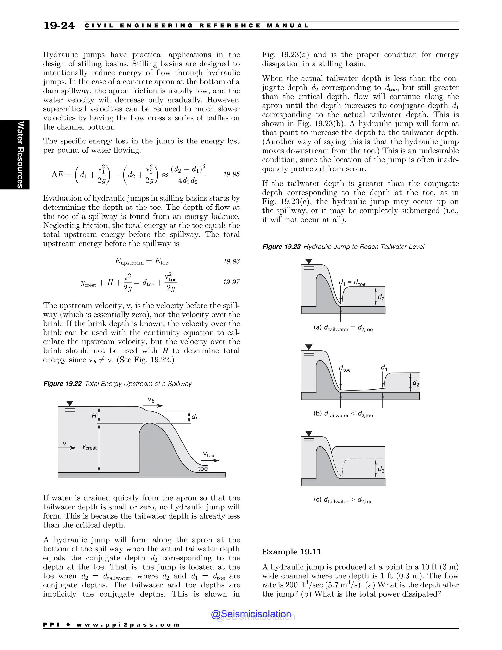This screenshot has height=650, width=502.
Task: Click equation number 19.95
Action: click(231, 174)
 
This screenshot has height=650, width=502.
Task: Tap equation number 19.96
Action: click(231, 261)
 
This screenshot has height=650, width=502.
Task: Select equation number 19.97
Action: click(231, 282)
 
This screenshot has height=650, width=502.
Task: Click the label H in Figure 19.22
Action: click(94, 416)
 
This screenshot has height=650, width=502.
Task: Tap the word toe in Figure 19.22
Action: click(202, 469)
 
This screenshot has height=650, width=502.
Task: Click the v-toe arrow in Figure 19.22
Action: click(212, 461)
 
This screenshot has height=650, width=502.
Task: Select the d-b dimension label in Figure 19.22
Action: click(195, 417)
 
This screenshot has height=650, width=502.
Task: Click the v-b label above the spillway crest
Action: click(151, 400)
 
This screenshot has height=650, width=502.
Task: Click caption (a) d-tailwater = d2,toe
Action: click(343, 328)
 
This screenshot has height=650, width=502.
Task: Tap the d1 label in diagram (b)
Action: click(384, 368)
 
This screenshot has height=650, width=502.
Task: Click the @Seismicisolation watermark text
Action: click(251, 614)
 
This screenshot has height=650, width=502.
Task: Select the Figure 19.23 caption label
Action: click(281, 247)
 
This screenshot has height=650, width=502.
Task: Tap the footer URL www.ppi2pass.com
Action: click(128, 625)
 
